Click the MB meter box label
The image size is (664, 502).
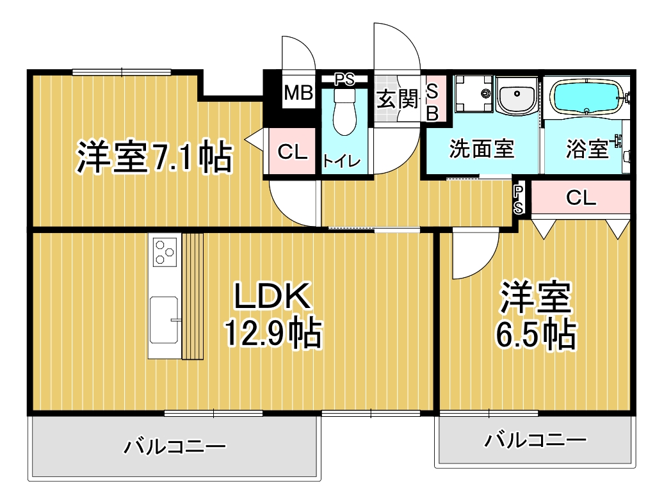tap(298, 92)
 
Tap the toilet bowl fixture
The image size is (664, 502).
tap(344, 111)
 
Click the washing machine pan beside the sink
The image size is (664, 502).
tap(474, 94)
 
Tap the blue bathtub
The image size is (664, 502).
tap(586, 98)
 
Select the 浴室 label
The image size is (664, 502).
tap(587, 149)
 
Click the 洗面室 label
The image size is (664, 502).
tap(482, 149)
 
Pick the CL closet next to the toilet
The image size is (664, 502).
tap(292, 151)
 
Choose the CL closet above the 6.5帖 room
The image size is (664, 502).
tap(581, 198)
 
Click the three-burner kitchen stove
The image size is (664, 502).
tap(165, 252)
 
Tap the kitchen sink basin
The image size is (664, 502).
tap(164, 320)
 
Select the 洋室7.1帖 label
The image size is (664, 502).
tap(154, 156)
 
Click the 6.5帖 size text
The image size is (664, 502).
tap(536, 335)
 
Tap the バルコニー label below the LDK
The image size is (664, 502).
tap(175, 446)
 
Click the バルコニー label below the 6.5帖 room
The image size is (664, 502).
tap(535, 440)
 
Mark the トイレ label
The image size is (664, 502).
tap(342, 161)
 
